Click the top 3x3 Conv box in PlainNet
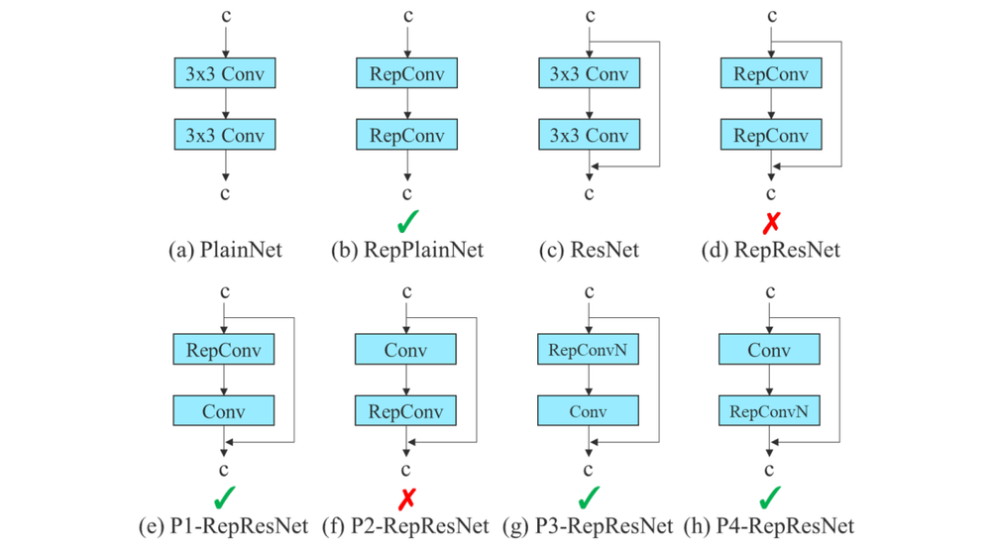224,73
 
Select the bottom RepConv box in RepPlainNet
406,135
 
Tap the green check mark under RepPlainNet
406,220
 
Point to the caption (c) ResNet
589,250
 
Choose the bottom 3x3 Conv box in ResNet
589,135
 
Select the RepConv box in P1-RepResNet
224,349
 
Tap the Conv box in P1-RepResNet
224,410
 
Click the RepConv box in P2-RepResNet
406,410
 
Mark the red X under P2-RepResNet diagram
406,497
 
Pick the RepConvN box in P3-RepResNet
589,349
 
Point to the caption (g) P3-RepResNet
589,525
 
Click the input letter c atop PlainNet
225,16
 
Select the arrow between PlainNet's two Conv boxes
225,104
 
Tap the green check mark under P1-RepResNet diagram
225,496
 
